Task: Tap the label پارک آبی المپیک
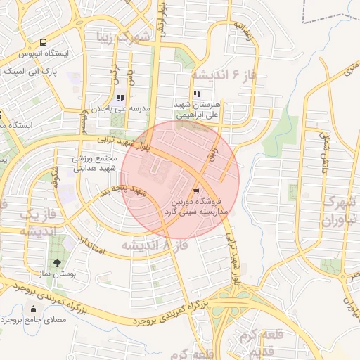(35, 70)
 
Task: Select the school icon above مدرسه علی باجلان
(120, 98)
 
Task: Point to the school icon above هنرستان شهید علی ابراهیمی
(196, 94)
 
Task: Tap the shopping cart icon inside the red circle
(196, 190)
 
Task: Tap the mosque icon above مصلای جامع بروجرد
(33, 308)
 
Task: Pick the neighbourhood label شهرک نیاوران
(340, 210)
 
